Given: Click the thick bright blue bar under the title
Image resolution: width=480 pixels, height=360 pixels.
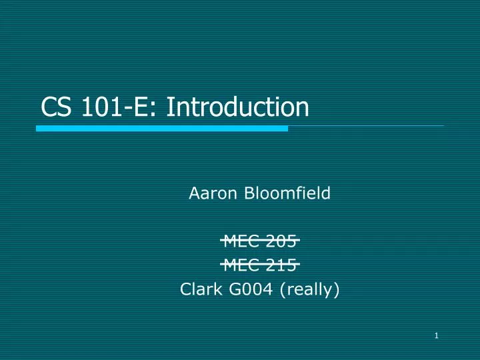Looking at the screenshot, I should pos(162,128).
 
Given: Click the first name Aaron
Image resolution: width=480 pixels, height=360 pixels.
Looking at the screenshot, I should pos(210,194).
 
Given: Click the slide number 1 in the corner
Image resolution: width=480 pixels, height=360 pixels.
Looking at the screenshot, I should pos(435,335).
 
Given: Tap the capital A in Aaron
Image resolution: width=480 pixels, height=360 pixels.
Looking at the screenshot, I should pos(194,194).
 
